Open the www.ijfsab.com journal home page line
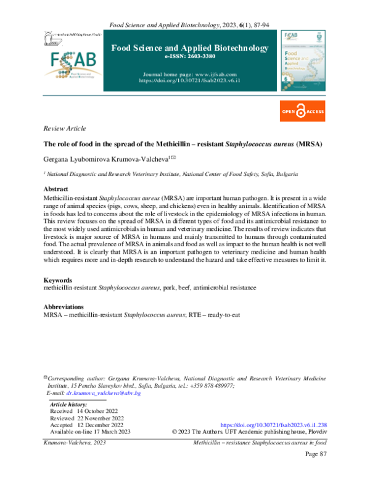tap(189, 74)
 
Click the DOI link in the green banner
tap(189, 81)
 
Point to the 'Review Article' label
tap(65, 128)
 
